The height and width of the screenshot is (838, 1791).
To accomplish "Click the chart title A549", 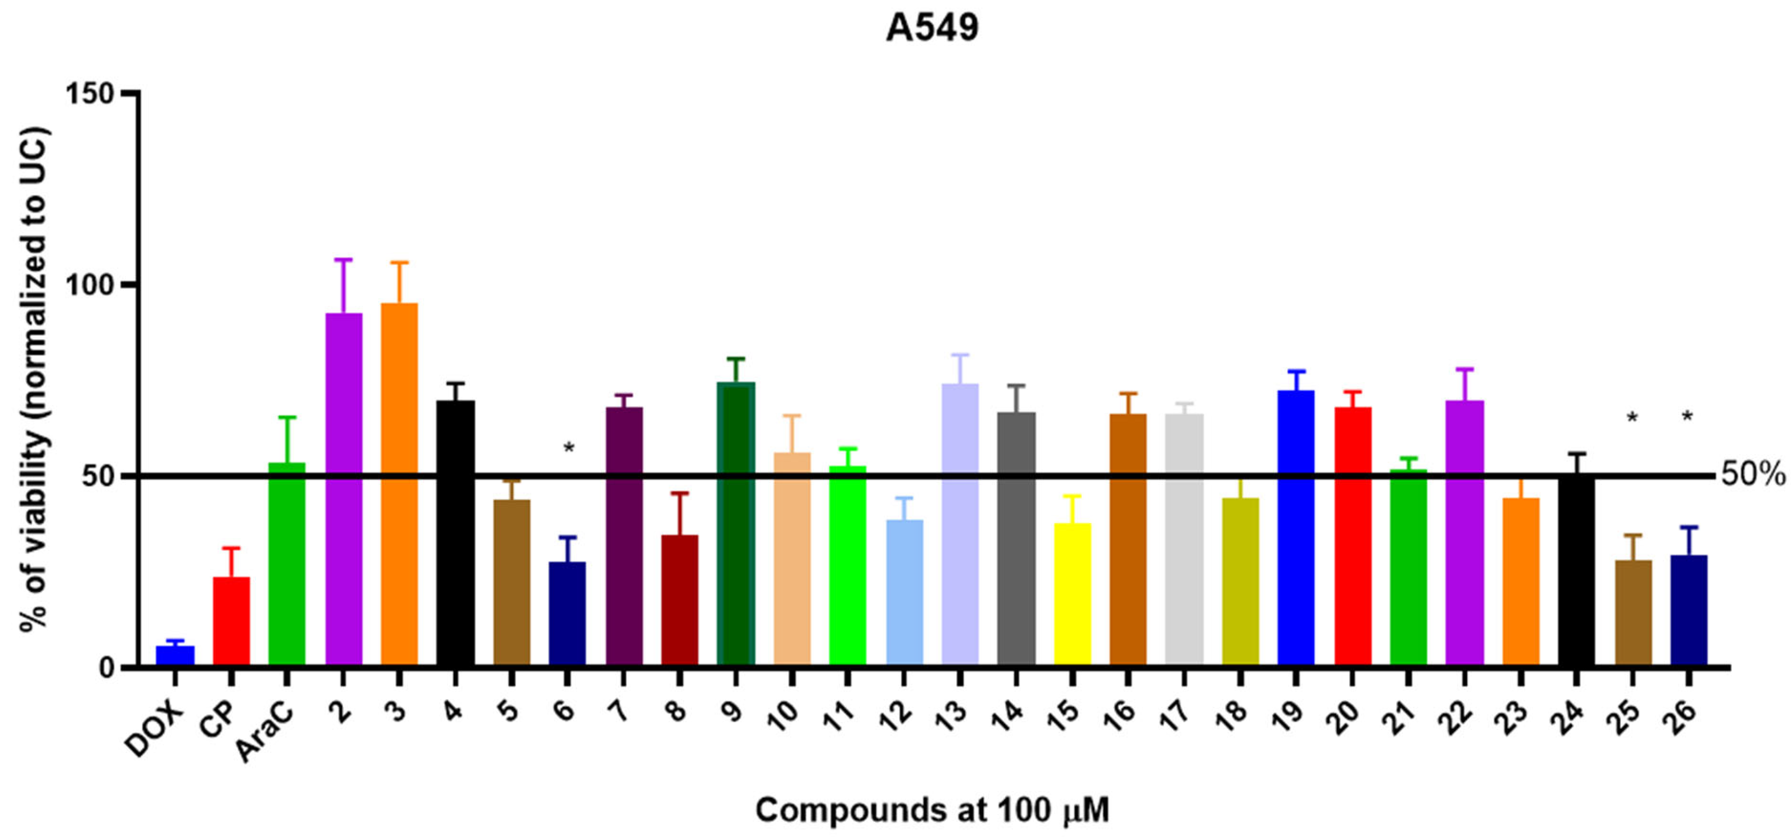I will (932, 28).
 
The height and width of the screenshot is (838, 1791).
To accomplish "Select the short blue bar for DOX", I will (175, 656).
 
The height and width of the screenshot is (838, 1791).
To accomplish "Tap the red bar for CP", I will (231, 621).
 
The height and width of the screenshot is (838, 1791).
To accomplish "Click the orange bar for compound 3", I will (399, 484).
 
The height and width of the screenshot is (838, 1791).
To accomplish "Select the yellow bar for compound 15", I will (1072, 595).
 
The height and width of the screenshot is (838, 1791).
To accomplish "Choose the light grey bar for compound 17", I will (1184, 540).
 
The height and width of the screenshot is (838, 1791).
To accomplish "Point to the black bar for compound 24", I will (1576, 570).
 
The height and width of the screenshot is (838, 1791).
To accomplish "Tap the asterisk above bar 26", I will (1687, 417).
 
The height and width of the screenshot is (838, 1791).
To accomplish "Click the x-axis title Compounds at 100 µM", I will (932, 810).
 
